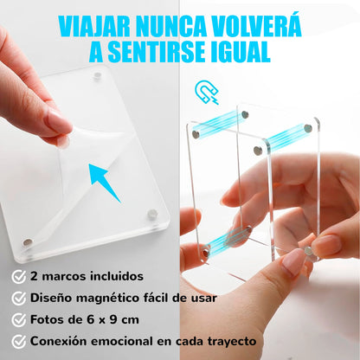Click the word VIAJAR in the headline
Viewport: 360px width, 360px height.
point(94,26)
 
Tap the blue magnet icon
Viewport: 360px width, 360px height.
point(207,92)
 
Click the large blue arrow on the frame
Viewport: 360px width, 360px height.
point(104,183)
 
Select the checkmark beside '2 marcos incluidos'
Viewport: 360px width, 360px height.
point(19,277)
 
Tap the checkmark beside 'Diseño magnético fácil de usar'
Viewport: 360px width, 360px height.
point(19,299)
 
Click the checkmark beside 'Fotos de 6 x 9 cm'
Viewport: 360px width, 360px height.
point(19,320)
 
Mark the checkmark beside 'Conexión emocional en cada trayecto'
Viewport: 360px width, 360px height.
point(19,342)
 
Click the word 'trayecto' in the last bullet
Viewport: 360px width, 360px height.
point(232,342)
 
